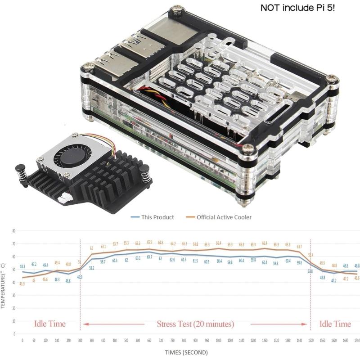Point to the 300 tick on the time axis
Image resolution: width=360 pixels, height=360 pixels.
pos(80,340)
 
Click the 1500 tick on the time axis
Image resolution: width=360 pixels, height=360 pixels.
pos(310,340)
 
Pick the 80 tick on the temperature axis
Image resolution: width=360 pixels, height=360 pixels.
pos(14,231)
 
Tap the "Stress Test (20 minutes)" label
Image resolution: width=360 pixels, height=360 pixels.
pos(195,324)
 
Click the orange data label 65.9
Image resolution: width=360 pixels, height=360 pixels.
pos(149,242)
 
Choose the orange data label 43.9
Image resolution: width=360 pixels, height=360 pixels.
pos(22,283)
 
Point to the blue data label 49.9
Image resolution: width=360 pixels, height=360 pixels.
pos(80,277)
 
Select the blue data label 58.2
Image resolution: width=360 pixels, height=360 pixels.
pos(91,268)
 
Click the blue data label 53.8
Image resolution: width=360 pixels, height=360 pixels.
pos(310,271)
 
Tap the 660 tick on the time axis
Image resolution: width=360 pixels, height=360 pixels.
pos(149,340)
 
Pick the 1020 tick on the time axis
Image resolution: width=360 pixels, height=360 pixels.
pos(218,340)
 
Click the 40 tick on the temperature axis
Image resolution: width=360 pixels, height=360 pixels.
pos(14,283)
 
